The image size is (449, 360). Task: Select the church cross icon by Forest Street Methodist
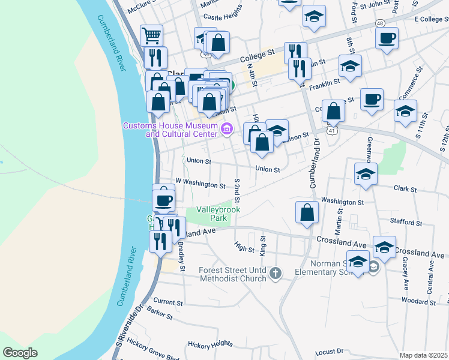point(275,274)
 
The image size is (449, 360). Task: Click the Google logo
point(20,353)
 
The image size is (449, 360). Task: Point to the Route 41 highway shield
point(331,129)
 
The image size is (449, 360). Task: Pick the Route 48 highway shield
point(381,23)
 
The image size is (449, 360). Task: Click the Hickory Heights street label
point(209,344)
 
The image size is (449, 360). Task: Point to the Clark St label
point(405,188)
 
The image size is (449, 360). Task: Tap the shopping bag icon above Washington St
point(307,212)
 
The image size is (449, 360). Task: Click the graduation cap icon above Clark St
point(366,173)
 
